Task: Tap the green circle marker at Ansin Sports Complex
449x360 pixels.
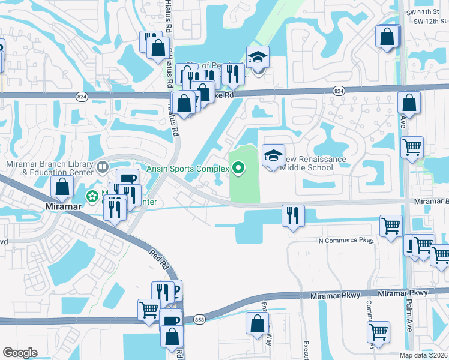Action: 238,169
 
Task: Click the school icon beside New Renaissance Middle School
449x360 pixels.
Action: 273,156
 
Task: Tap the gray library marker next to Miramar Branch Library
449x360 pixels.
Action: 102,166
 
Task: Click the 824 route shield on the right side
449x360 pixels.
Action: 339,90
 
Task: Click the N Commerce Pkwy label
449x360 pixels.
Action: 346,241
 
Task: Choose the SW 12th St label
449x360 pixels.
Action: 430,22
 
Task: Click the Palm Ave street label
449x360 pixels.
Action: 411,311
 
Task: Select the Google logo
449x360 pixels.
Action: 20,353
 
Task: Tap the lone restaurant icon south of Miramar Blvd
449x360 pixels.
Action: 292,215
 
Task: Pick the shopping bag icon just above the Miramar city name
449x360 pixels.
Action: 62,187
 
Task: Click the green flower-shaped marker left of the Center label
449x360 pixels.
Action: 92,196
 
